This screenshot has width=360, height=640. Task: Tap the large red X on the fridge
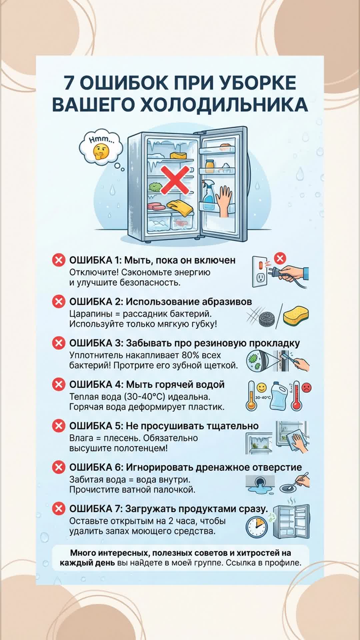coord(175,180)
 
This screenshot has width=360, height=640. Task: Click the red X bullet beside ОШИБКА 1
coord(58,260)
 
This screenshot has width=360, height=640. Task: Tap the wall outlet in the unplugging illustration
coord(260,272)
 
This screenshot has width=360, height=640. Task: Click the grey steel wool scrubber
coord(267,318)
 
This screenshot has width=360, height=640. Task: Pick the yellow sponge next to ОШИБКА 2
coord(296,315)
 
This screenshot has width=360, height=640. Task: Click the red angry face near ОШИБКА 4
coord(306,388)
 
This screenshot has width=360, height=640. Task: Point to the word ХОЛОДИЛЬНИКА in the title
coord(224,105)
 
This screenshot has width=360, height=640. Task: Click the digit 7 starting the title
coord(69,83)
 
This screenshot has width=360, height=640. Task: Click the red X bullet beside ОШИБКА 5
coord(58,426)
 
